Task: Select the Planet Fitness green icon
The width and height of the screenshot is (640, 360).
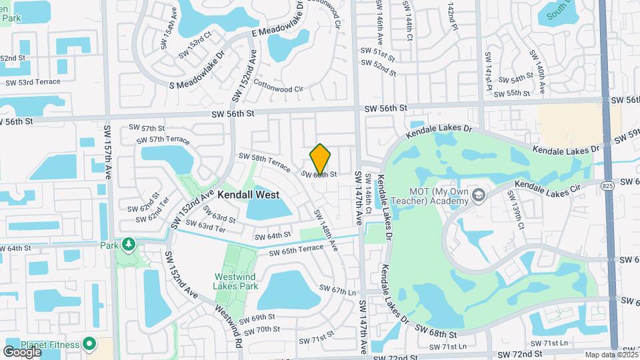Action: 89,345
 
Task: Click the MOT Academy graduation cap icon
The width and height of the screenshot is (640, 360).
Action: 477,195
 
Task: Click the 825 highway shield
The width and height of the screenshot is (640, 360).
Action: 607,184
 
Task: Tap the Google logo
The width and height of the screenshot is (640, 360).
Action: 22,351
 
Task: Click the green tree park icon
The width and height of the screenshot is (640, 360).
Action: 128,245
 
